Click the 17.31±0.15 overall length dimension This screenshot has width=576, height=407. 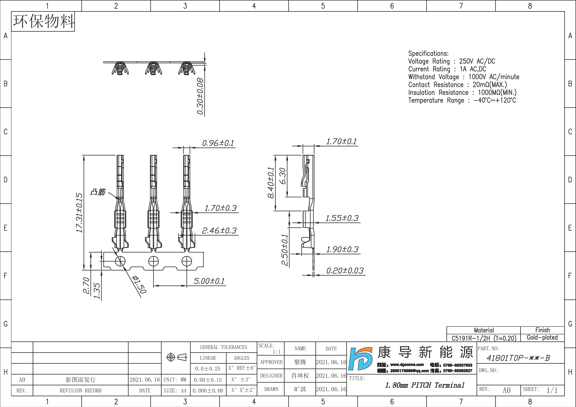79,213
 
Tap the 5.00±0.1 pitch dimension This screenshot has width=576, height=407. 209,281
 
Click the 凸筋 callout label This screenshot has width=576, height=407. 98,192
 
